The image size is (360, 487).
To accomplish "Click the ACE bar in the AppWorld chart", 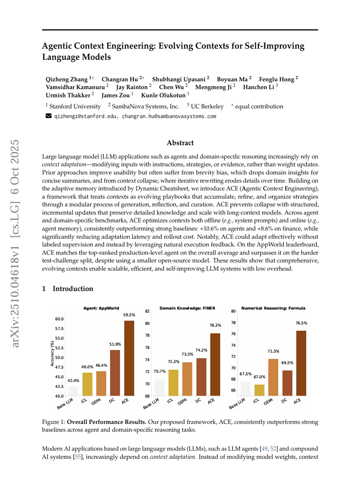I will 129,358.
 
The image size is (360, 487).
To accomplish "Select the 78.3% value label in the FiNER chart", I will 215,325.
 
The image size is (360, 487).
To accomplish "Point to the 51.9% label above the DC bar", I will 115,344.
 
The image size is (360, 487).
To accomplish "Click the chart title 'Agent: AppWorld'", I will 101,308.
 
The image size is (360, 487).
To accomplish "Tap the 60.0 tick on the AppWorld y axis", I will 59,319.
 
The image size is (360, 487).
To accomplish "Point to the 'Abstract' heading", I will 180,143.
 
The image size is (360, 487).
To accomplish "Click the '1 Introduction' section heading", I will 68,288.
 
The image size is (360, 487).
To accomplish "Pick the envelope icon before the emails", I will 48,116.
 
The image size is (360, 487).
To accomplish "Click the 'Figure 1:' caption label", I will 54,423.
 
